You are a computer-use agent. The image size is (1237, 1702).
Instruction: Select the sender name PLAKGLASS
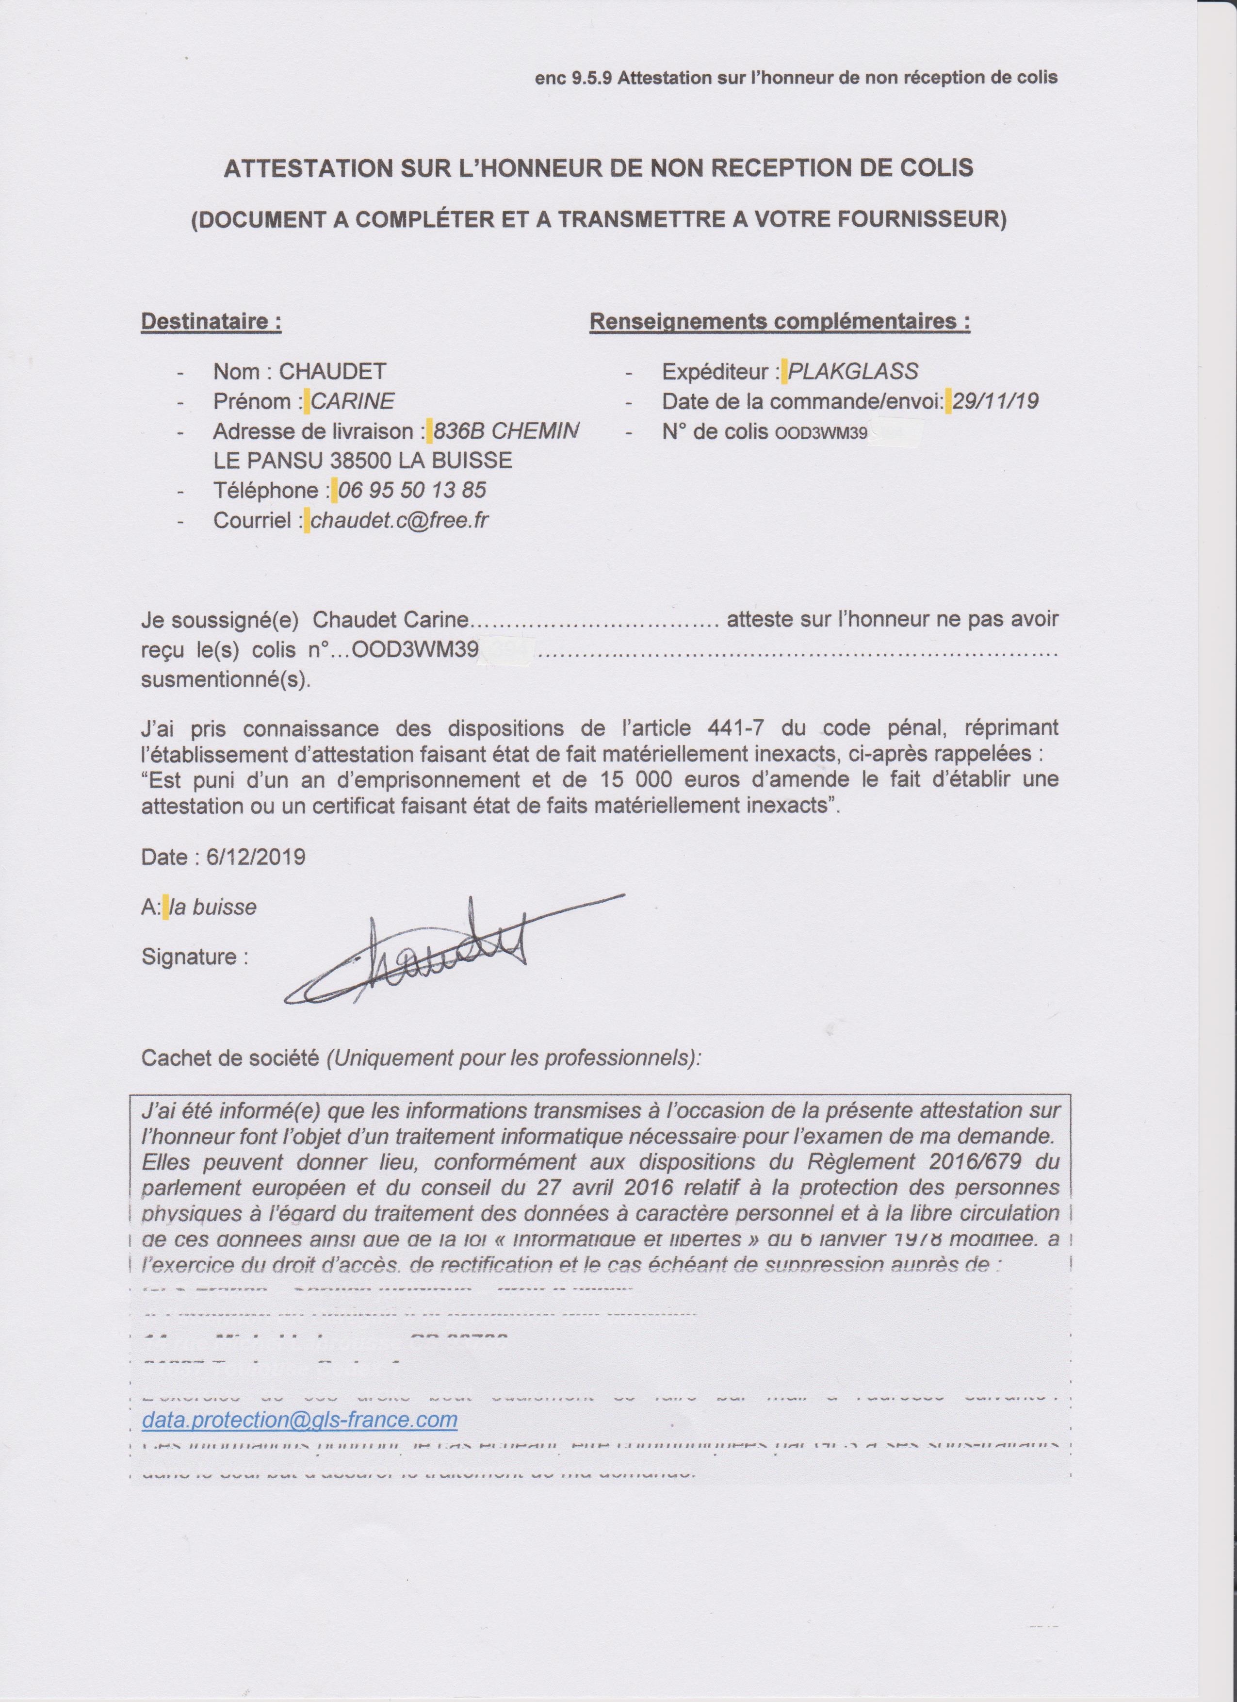tap(853, 371)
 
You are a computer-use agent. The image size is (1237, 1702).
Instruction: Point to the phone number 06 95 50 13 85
tap(412, 491)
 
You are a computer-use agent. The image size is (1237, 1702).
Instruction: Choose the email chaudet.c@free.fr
tap(400, 520)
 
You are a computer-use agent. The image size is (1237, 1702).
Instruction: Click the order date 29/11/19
tap(995, 401)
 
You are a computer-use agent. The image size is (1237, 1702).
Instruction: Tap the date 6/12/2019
tap(256, 857)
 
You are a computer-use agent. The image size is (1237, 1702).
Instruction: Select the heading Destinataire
tap(212, 322)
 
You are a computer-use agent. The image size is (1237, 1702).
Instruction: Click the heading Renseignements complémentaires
tap(780, 322)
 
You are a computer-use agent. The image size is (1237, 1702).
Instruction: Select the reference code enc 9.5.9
tap(575, 77)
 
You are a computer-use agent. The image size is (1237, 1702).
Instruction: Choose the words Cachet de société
tap(229, 1058)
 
